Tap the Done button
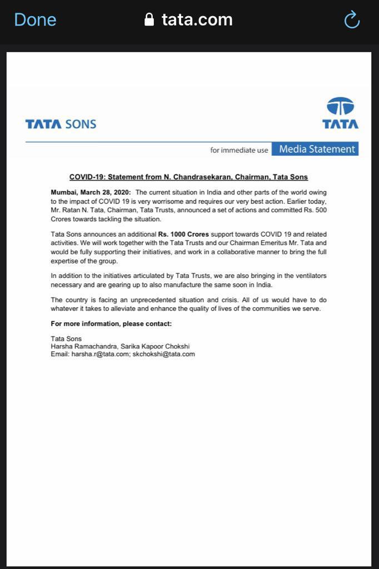click(x=35, y=20)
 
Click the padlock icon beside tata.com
click(x=149, y=20)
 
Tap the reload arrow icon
click(x=352, y=20)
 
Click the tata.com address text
click(x=197, y=20)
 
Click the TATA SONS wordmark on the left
click(x=61, y=124)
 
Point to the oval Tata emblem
click(x=340, y=106)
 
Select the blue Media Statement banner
click(x=315, y=149)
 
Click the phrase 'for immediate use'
click(x=239, y=150)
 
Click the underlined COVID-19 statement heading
click(x=188, y=177)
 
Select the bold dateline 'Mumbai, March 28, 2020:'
click(x=91, y=192)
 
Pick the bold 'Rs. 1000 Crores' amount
click(x=183, y=234)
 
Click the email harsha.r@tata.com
click(x=100, y=354)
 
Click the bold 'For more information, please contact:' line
click(x=111, y=323)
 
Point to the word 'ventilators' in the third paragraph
click(x=309, y=276)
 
